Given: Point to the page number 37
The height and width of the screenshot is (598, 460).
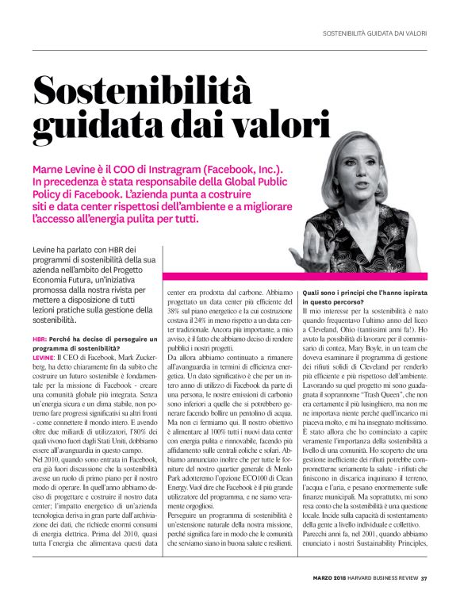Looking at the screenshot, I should (x=424, y=577).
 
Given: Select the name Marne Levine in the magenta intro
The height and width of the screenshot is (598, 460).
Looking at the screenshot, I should (x=67, y=170).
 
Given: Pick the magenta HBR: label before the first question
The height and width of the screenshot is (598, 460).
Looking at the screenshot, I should (x=40, y=339).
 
